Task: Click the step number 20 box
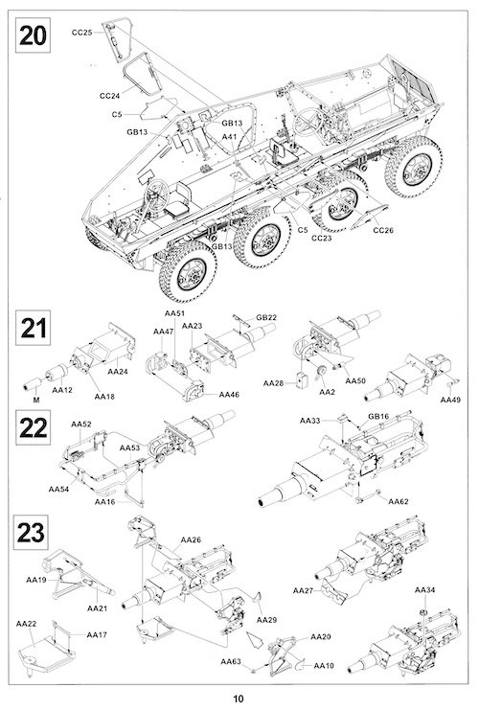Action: (34, 34)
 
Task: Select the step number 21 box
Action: (34, 328)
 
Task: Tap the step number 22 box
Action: (34, 428)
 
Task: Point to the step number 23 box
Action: (31, 532)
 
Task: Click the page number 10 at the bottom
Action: (239, 699)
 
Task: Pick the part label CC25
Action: (82, 33)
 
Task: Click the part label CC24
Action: (109, 96)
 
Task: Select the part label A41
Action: (230, 136)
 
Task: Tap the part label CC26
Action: (383, 230)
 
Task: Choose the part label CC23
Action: (322, 238)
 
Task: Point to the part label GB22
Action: (266, 317)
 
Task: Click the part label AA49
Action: (450, 400)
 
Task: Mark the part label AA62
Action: (399, 501)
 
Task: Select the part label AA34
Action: (424, 589)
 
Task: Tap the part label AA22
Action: (26, 624)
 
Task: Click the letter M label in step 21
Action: (36, 401)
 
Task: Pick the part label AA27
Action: (303, 590)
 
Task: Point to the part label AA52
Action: (81, 424)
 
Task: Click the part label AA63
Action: (231, 661)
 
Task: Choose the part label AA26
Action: (191, 539)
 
